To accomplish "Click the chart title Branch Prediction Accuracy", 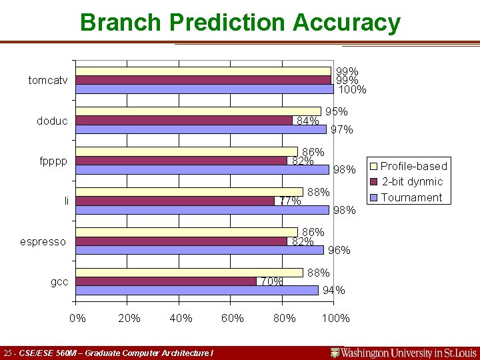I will coord(240,23).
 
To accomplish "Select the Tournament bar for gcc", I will coord(197,290).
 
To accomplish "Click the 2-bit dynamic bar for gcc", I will coord(167,281).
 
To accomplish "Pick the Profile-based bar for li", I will coord(190,192).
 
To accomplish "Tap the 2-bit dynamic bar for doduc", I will coord(185,121).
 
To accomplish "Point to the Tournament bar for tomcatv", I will coord(205,89).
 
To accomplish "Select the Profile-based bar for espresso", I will coord(187,232).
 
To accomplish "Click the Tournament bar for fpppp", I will coord(203,169).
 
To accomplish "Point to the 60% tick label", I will coord(232,318).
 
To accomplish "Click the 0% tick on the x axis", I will coord(78,318).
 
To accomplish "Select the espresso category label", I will coord(43,241).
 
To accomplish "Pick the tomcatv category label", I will coord(47,81).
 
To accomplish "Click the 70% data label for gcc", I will coord(271,281).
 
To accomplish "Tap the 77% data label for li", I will coord(291,201).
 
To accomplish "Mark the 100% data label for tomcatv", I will coord(353,89).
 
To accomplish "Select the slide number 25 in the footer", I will coord(9,353).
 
